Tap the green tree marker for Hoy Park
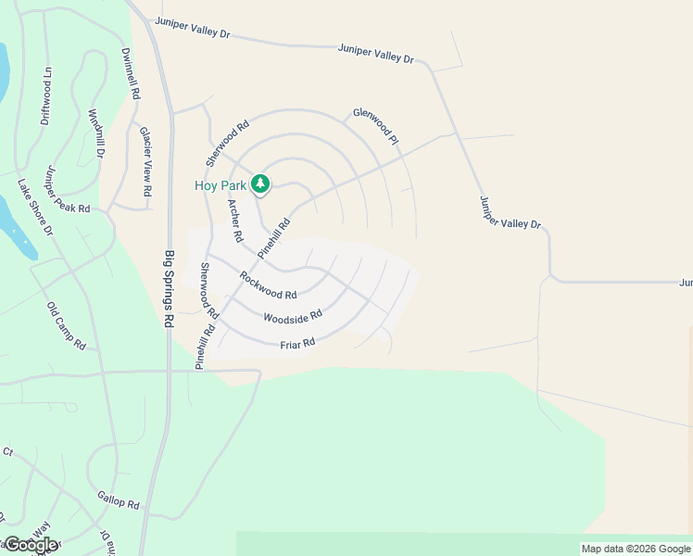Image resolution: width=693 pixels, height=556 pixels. tap(261, 184)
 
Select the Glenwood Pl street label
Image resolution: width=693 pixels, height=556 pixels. tap(375, 127)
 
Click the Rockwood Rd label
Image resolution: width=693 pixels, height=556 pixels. tap(268, 284)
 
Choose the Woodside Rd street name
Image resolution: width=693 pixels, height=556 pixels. tap(292, 317)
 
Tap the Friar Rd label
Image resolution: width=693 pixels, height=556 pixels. tap(298, 343)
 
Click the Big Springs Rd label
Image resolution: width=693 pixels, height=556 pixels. tap(170, 288)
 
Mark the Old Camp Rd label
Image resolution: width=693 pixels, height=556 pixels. tap(66, 325)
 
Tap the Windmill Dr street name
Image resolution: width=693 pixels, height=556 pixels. tap(96, 133)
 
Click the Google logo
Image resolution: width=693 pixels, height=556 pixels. tap(30, 545)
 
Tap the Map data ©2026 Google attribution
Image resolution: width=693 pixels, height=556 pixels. tap(636, 549)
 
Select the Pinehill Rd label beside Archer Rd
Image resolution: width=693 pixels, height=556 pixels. tap(275, 237)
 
